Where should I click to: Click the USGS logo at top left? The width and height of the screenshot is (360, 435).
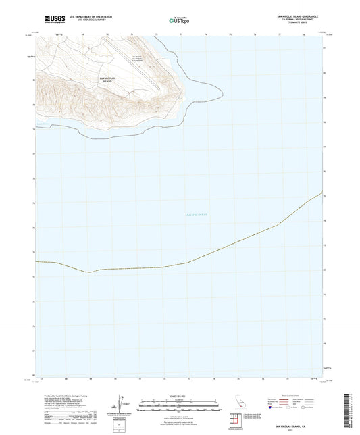50,21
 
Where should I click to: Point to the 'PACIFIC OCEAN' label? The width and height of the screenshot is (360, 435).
197,215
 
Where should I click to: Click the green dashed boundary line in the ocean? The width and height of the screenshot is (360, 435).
203,257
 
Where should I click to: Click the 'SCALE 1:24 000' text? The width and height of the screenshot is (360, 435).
180,396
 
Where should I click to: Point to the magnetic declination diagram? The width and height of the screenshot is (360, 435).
122,405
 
